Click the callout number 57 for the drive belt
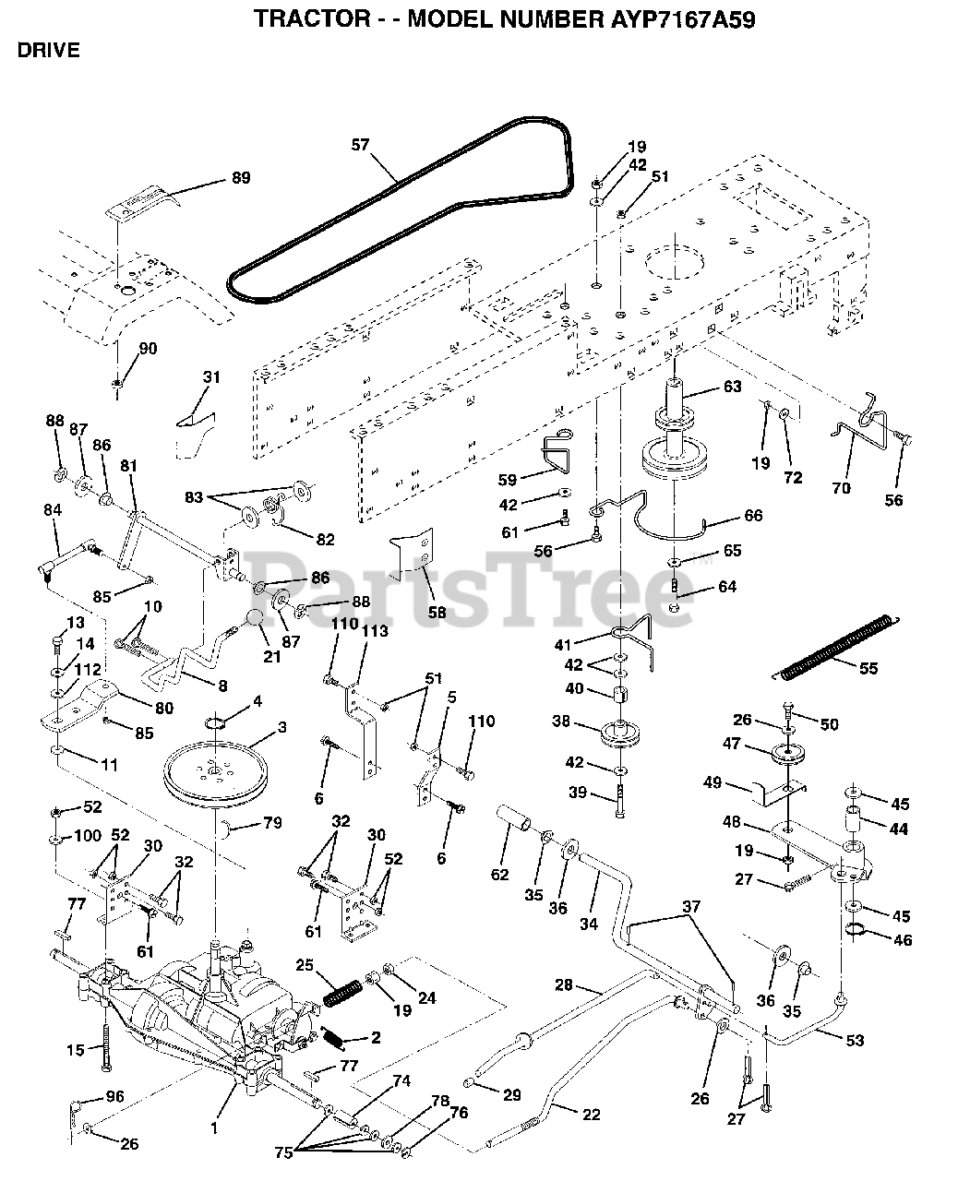360,144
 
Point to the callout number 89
241,177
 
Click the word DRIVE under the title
49,50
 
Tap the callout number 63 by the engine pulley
732,387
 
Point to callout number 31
212,376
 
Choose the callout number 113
376,631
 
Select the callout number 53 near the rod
855,1041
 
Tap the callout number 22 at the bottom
591,1115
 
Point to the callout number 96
114,1098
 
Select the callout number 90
148,348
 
